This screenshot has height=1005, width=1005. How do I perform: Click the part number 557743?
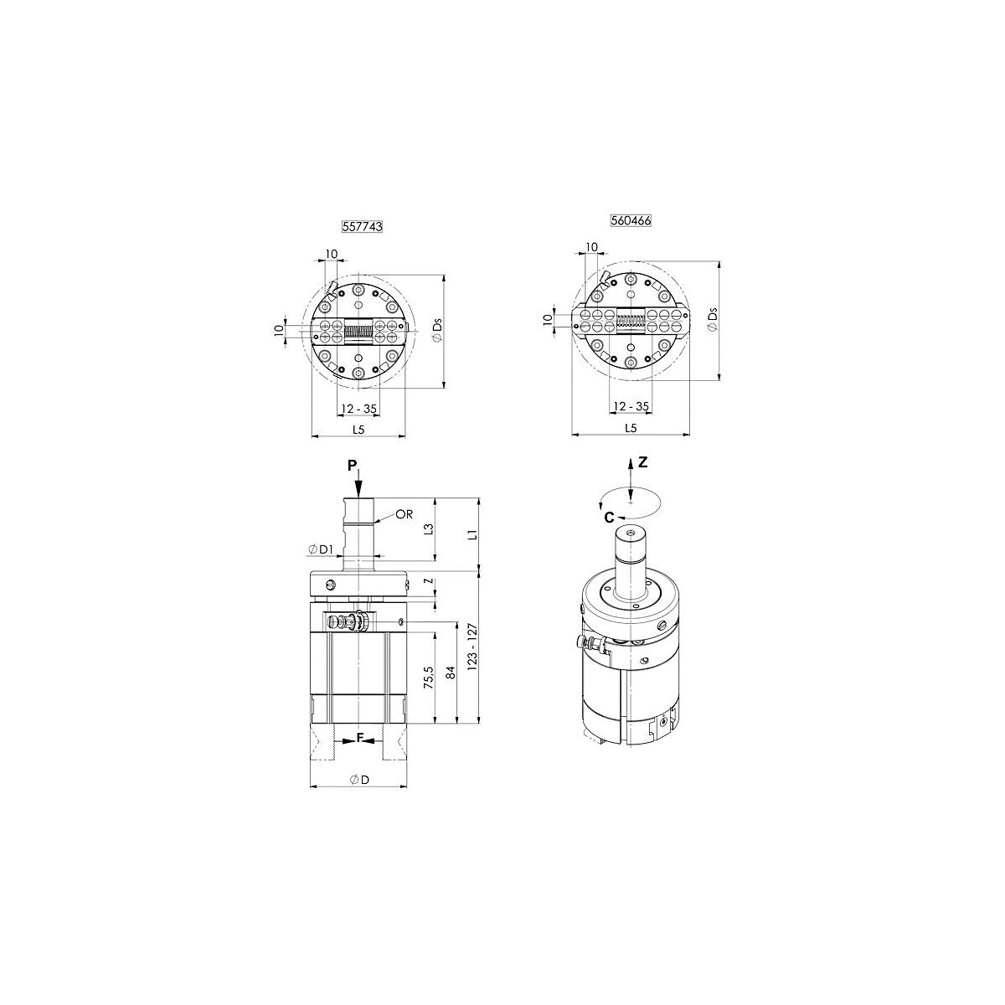pos(362,226)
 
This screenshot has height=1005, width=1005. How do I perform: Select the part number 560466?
pos(631,220)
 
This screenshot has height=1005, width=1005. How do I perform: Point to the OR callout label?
pos(405,514)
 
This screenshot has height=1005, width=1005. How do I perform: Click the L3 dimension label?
pos(429,529)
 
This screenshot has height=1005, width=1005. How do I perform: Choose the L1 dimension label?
pos(472,533)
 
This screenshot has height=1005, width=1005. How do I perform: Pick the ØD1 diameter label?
pos(321,549)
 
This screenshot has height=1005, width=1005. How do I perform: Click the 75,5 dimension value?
pos(429,678)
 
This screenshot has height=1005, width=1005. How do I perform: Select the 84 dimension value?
pos(451,673)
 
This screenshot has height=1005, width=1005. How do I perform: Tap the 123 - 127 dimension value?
pos(472,647)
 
